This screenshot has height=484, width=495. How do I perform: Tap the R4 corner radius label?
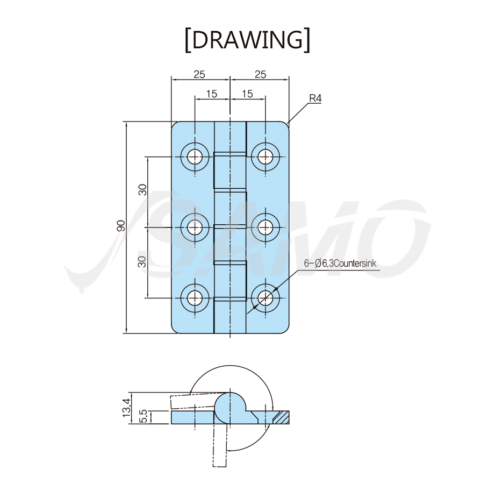pos(315,98)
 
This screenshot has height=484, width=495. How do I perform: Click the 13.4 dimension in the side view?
pos(126,407)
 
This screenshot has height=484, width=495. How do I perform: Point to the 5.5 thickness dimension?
pos(143,416)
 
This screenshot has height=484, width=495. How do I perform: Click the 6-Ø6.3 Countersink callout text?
pos(340,263)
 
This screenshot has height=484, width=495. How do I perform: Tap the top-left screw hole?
pos(195,156)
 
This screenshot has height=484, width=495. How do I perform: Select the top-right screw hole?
pos(266,156)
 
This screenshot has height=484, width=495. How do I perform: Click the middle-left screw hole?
pos(195,227)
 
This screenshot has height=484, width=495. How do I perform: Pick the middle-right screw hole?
pos(266,227)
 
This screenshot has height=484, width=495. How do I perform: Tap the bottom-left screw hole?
pos(195,297)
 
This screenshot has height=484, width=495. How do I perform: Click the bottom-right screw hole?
pos(266,297)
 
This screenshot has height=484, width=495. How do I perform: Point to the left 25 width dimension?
pos(199,74)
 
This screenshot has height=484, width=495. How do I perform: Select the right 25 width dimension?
pos(261,74)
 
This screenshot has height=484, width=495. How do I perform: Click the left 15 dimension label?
pos(212,94)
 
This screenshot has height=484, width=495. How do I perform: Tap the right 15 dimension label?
pos(247,94)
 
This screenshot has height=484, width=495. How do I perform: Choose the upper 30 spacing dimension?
pos(142,189)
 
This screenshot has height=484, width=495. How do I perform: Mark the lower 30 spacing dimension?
pos(142,261)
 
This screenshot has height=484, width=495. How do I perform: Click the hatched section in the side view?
pos(281,417)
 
